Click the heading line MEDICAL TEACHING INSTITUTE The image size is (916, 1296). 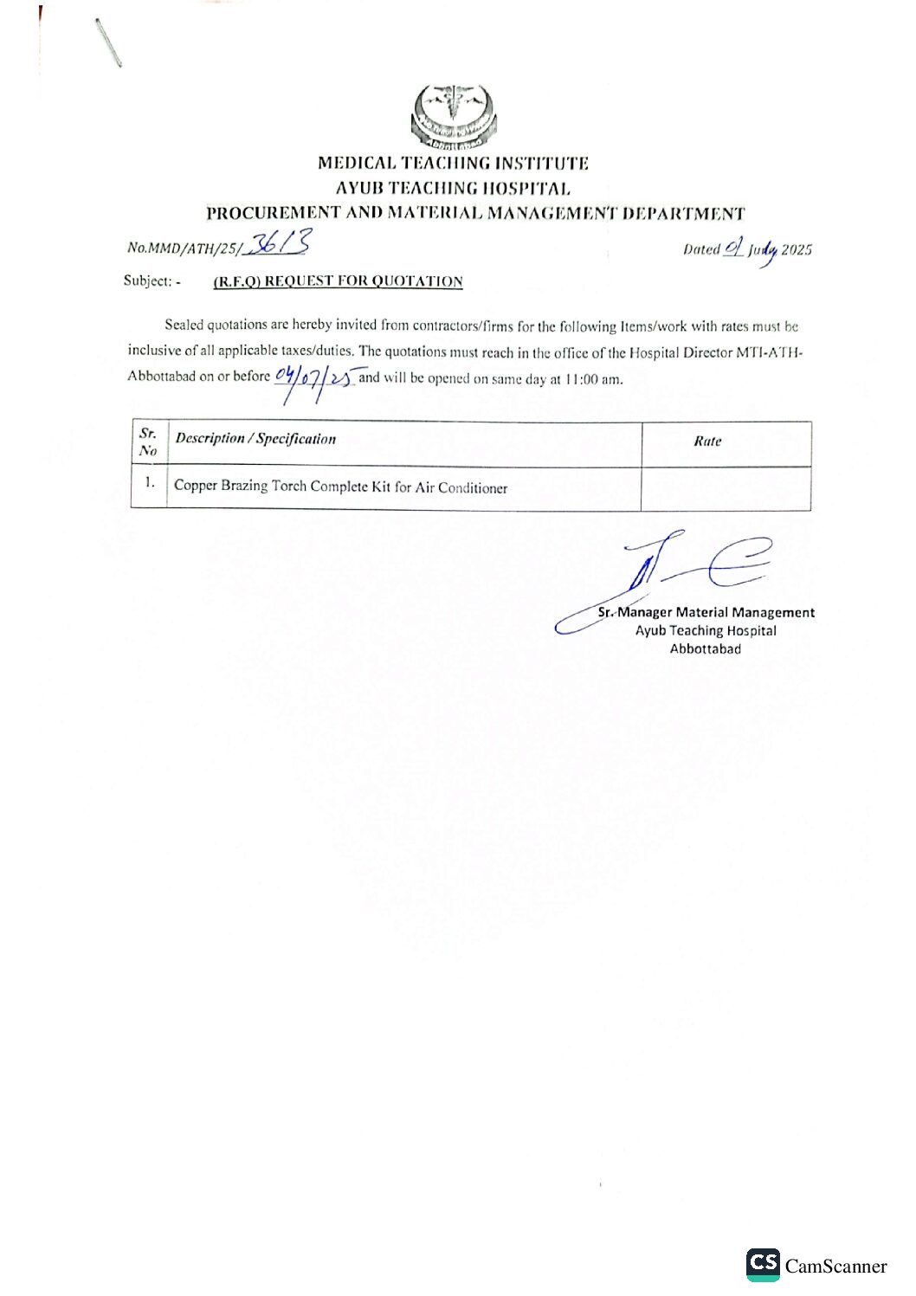pyautogui.click(x=453, y=163)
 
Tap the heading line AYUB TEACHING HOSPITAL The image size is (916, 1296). pyautogui.click(x=453, y=188)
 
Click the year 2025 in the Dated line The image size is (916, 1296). pyautogui.click(x=797, y=250)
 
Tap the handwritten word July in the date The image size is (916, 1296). pyautogui.click(x=764, y=250)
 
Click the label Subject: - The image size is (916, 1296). pyautogui.click(x=152, y=280)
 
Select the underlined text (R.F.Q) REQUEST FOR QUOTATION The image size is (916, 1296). pyautogui.click(x=338, y=281)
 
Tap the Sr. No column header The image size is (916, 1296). pyautogui.click(x=148, y=442)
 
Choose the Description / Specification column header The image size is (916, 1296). pyautogui.click(x=255, y=439)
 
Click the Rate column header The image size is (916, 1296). pyautogui.click(x=707, y=442)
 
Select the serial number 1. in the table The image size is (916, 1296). pyautogui.click(x=150, y=482)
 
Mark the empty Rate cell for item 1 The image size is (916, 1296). pyautogui.click(x=726, y=488)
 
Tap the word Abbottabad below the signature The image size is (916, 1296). pyautogui.click(x=706, y=649)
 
